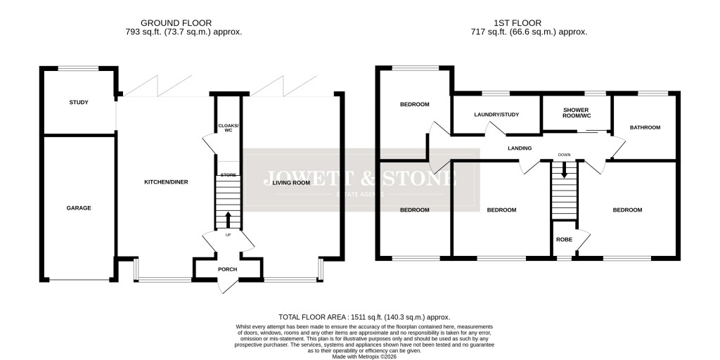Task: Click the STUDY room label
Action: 79,103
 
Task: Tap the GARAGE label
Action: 79,207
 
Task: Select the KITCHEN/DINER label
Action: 166,182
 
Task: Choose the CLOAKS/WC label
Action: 227,127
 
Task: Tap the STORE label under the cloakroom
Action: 227,174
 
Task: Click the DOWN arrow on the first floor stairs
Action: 564,170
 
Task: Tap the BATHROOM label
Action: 645,127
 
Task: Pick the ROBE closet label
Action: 564,239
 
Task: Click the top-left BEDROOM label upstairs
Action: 414,105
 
